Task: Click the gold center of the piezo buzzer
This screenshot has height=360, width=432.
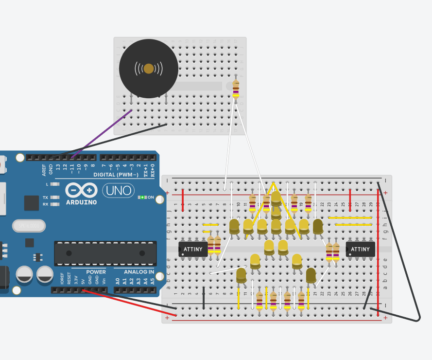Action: tap(149, 69)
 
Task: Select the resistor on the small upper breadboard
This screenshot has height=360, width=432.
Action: tap(236, 90)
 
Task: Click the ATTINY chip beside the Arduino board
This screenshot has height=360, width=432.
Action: tap(193, 249)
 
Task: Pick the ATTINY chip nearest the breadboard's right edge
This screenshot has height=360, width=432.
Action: tap(360, 249)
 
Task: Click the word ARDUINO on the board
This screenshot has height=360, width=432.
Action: tap(81, 202)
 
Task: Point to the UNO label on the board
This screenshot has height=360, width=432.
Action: tap(118, 190)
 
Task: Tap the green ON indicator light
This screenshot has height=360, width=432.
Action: tap(142, 197)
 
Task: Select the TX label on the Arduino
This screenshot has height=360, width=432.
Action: tap(45, 198)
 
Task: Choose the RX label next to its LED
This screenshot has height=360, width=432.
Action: tap(45, 204)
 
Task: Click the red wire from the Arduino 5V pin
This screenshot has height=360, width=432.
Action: tap(131, 304)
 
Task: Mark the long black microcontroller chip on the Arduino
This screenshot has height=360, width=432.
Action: tap(105, 253)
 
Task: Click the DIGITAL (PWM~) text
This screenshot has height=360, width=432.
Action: tap(116, 175)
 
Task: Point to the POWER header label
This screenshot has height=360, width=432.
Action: tap(96, 272)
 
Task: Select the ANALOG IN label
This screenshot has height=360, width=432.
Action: tap(139, 272)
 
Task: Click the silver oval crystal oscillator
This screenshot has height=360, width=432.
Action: tap(29, 226)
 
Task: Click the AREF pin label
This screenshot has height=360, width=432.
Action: tap(44, 169)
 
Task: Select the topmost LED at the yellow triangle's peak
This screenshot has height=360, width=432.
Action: tap(276, 197)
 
